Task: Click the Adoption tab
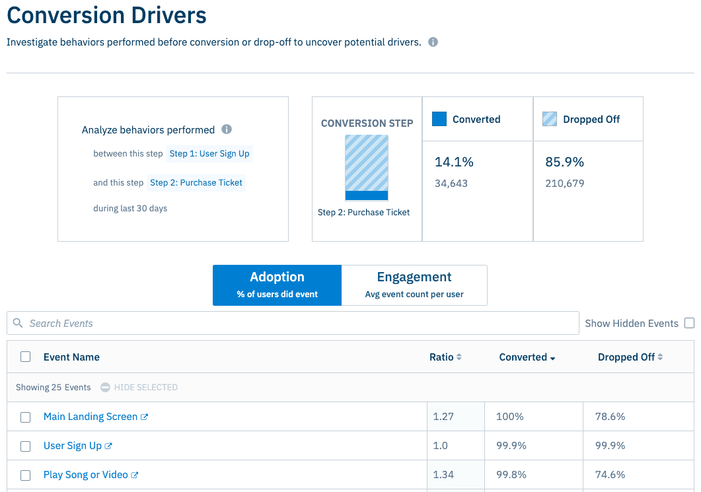click(x=277, y=285)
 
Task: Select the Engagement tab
click(x=414, y=285)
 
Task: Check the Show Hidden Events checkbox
click(x=689, y=324)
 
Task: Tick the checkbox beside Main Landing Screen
click(x=26, y=417)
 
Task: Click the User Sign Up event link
click(x=73, y=446)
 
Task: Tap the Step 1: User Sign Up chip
click(x=209, y=154)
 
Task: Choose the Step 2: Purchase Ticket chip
click(x=196, y=183)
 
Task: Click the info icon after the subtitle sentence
click(x=433, y=42)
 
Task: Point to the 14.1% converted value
click(x=454, y=162)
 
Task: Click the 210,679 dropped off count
click(x=565, y=184)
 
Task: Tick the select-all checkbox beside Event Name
click(x=26, y=357)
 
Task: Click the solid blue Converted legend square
click(x=439, y=119)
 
